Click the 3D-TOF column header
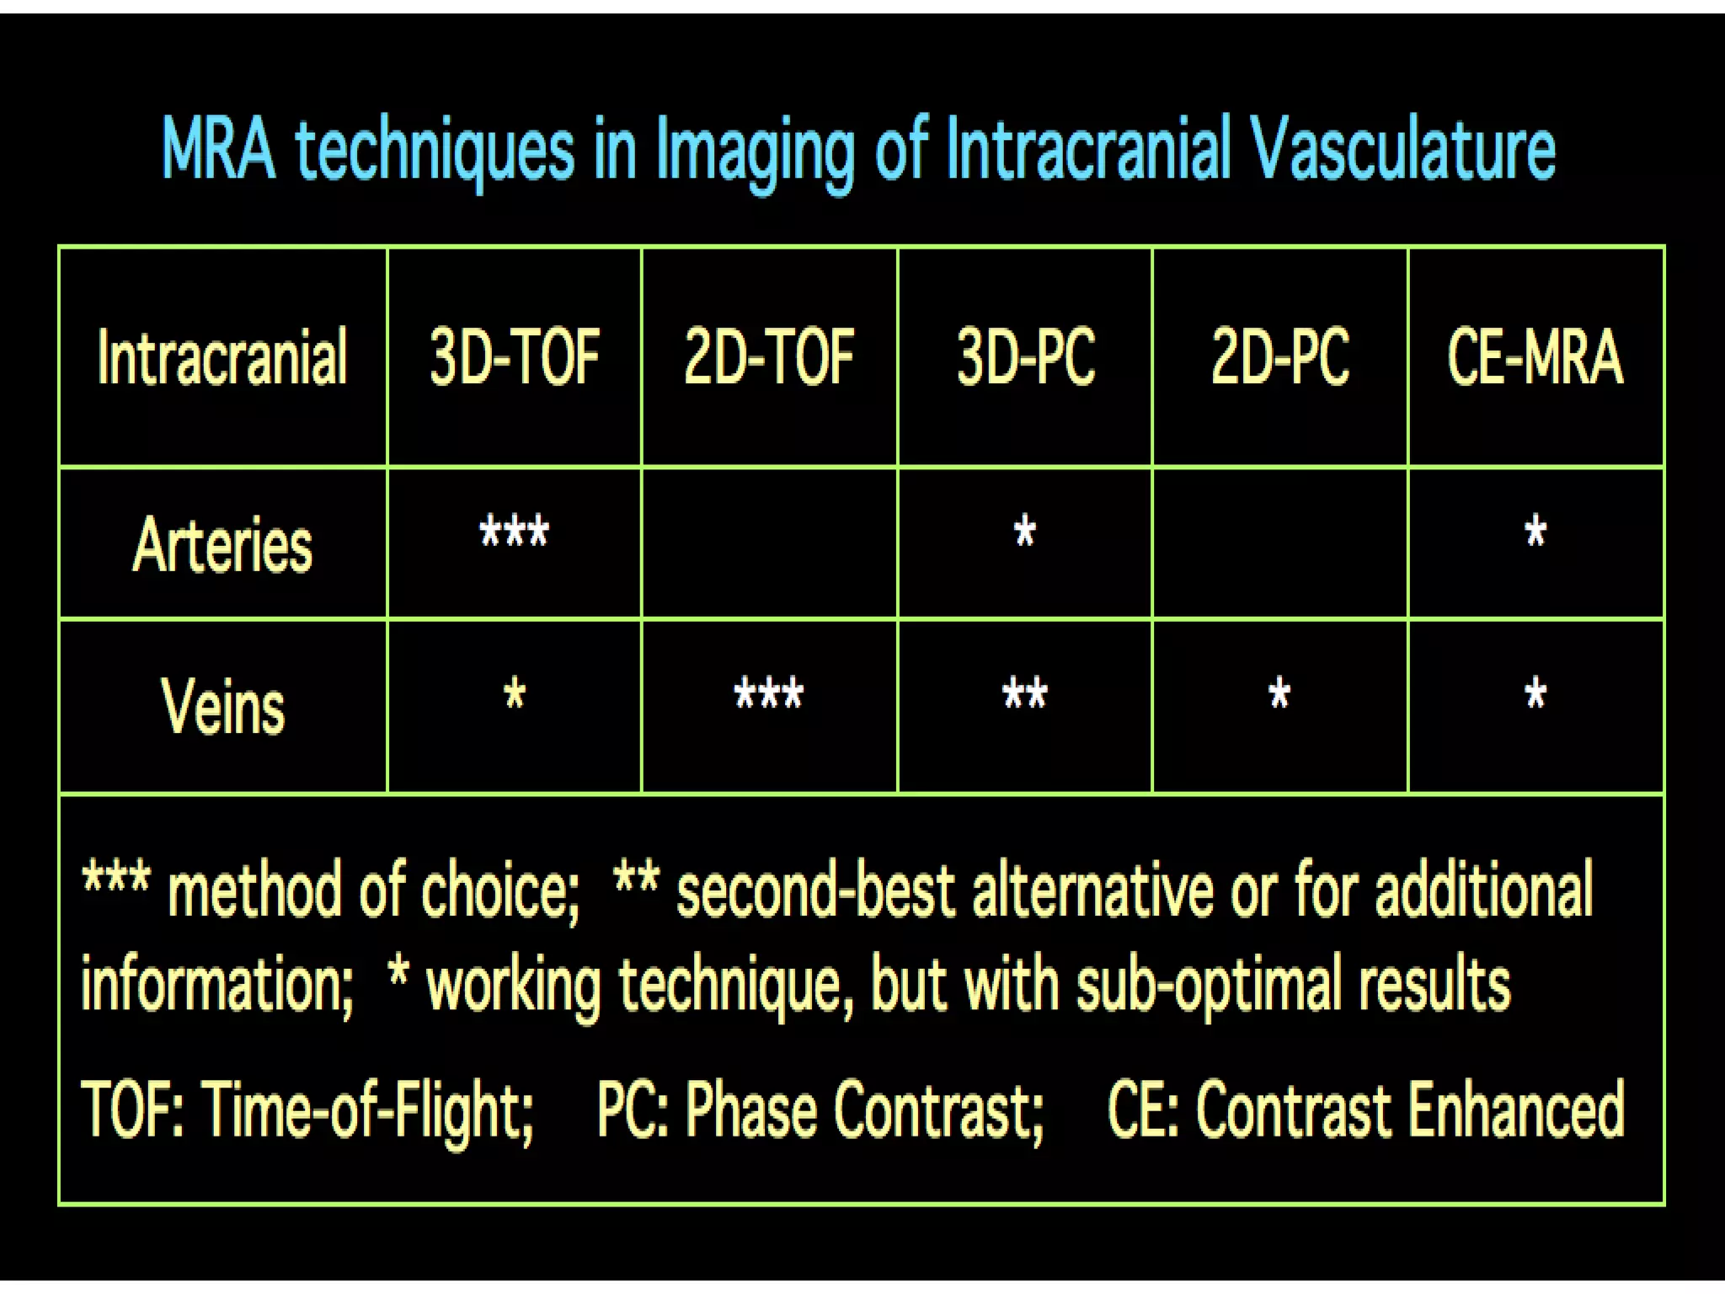[x=515, y=357]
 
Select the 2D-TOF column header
[x=769, y=357]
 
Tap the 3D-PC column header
[x=1025, y=357]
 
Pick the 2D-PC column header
[x=1279, y=357]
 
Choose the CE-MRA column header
[x=1535, y=357]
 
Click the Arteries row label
[x=222, y=545]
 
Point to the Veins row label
[x=222, y=706]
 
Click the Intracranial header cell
[x=222, y=357]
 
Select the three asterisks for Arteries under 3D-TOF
[x=515, y=532]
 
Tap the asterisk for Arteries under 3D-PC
[x=1025, y=532]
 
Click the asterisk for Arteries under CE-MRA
[x=1535, y=532]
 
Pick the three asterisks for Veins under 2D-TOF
[x=769, y=695]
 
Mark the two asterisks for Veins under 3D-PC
[x=1025, y=695]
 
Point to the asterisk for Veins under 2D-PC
[x=1279, y=695]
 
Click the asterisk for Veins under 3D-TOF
[x=515, y=695]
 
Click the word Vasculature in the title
[x=1402, y=150]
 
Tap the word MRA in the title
[x=218, y=150]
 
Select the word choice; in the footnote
[x=499, y=891]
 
